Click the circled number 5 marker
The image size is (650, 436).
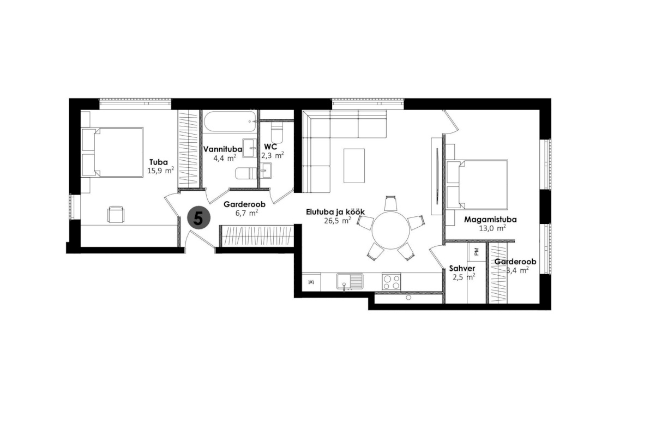pyautogui.click(x=198, y=218)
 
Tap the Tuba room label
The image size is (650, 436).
pyautogui.click(x=159, y=162)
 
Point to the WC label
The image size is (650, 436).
pyautogui.click(x=270, y=147)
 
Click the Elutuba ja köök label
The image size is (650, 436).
pyautogui.click(x=335, y=212)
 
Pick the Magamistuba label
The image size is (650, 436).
pyautogui.click(x=490, y=220)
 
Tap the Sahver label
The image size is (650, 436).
pyautogui.click(x=462, y=269)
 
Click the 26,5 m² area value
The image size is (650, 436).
pyautogui.click(x=338, y=221)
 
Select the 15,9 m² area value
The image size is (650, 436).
pyautogui.click(x=160, y=171)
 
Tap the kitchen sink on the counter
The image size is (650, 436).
pyautogui.click(x=350, y=282)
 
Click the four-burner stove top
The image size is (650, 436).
pyautogui.click(x=392, y=282)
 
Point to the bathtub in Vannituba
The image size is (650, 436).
pyautogui.click(x=229, y=122)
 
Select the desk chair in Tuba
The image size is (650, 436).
pyautogui.click(x=116, y=214)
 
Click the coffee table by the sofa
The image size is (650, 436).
pyautogui.click(x=354, y=165)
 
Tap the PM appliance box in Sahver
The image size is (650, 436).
pyautogui.click(x=476, y=251)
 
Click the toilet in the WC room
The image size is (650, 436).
pyautogui.click(x=276, y=132)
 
